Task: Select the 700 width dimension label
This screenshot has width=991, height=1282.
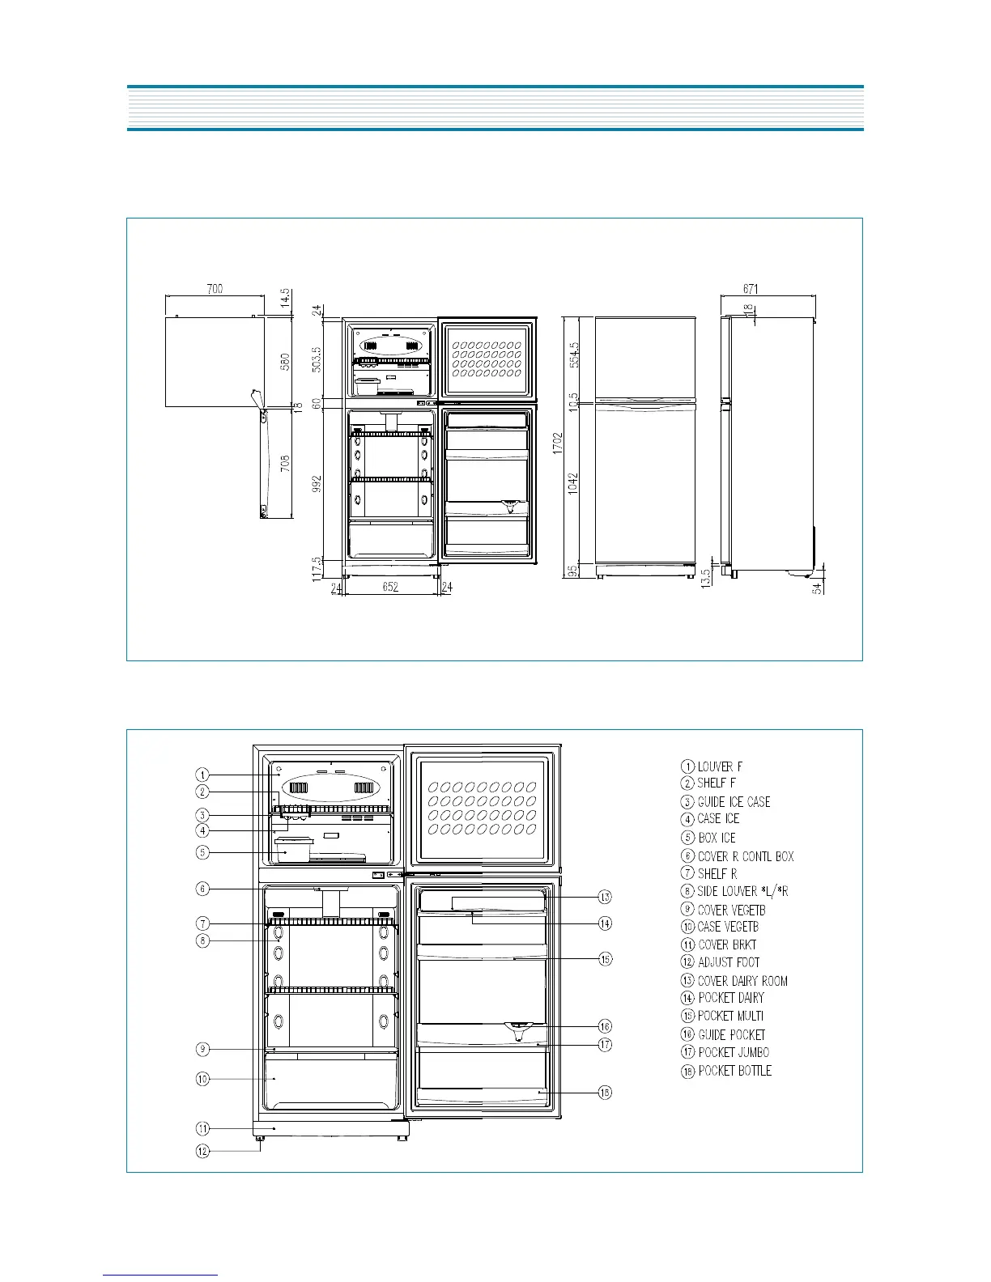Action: (x=215, y=289)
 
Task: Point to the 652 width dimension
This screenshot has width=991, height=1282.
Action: (x=390, y=588)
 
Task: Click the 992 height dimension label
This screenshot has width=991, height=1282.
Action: (x=317, y=484)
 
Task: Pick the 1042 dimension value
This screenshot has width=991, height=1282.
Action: (x=573, y=484)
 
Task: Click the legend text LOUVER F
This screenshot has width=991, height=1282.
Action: (x=720, y=766)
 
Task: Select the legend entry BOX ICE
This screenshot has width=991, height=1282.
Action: (x=717, y=838)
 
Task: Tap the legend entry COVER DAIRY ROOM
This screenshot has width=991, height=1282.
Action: (x=742, y=981)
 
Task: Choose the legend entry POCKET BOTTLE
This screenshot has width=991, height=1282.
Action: (x=734, y=1071)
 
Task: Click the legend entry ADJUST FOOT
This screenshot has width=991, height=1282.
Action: (x=729, y=962)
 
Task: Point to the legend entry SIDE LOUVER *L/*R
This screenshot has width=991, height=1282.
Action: (x=742, y=891)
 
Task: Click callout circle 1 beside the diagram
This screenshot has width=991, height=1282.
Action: (x=202, y=775)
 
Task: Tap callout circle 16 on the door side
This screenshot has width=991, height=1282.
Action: (x=606, y=1026)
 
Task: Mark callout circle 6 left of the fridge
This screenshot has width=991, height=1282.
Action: (x=202, y=889)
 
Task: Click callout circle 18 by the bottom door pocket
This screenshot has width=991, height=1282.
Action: (x=606, y=1093)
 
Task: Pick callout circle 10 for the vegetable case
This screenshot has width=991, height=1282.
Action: (x=202, y=1079)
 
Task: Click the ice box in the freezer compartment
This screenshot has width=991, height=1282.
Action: (x=293, y=850)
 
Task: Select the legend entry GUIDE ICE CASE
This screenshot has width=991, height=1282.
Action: (x=734, y=802)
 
